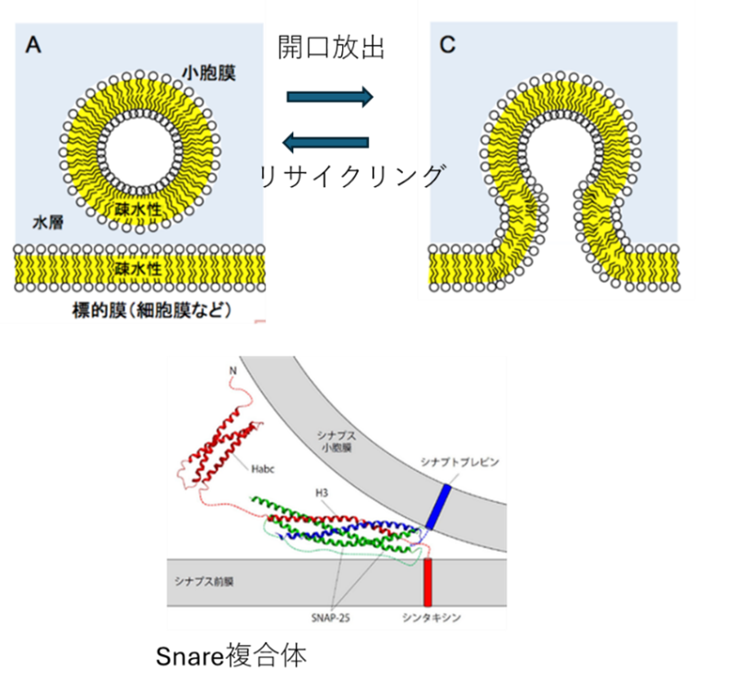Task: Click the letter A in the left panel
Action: click(33, 45)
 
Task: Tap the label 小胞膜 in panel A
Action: click(208, 73)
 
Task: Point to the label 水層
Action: click(48, 222)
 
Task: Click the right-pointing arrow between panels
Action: click(329, 96)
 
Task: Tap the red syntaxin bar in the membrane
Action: click(428, 581)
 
